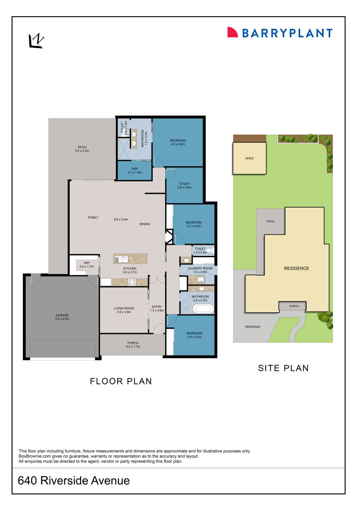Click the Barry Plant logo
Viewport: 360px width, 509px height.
279,33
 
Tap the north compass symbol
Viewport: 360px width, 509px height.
36,41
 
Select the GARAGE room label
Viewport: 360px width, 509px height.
62,317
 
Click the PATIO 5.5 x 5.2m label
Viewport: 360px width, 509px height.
82,149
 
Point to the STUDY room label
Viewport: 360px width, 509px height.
184,186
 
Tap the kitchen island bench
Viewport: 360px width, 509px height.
131,258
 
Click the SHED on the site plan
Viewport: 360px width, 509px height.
249,158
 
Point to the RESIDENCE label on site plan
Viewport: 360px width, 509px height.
297,268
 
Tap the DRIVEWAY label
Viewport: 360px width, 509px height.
253,326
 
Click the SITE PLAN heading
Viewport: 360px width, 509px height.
283,368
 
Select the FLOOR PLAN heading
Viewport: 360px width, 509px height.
121,381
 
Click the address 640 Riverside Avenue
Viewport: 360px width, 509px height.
74,481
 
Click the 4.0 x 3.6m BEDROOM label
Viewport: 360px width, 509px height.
178,142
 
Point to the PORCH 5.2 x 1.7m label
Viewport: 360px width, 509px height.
133,345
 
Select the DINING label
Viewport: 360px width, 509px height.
145,224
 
